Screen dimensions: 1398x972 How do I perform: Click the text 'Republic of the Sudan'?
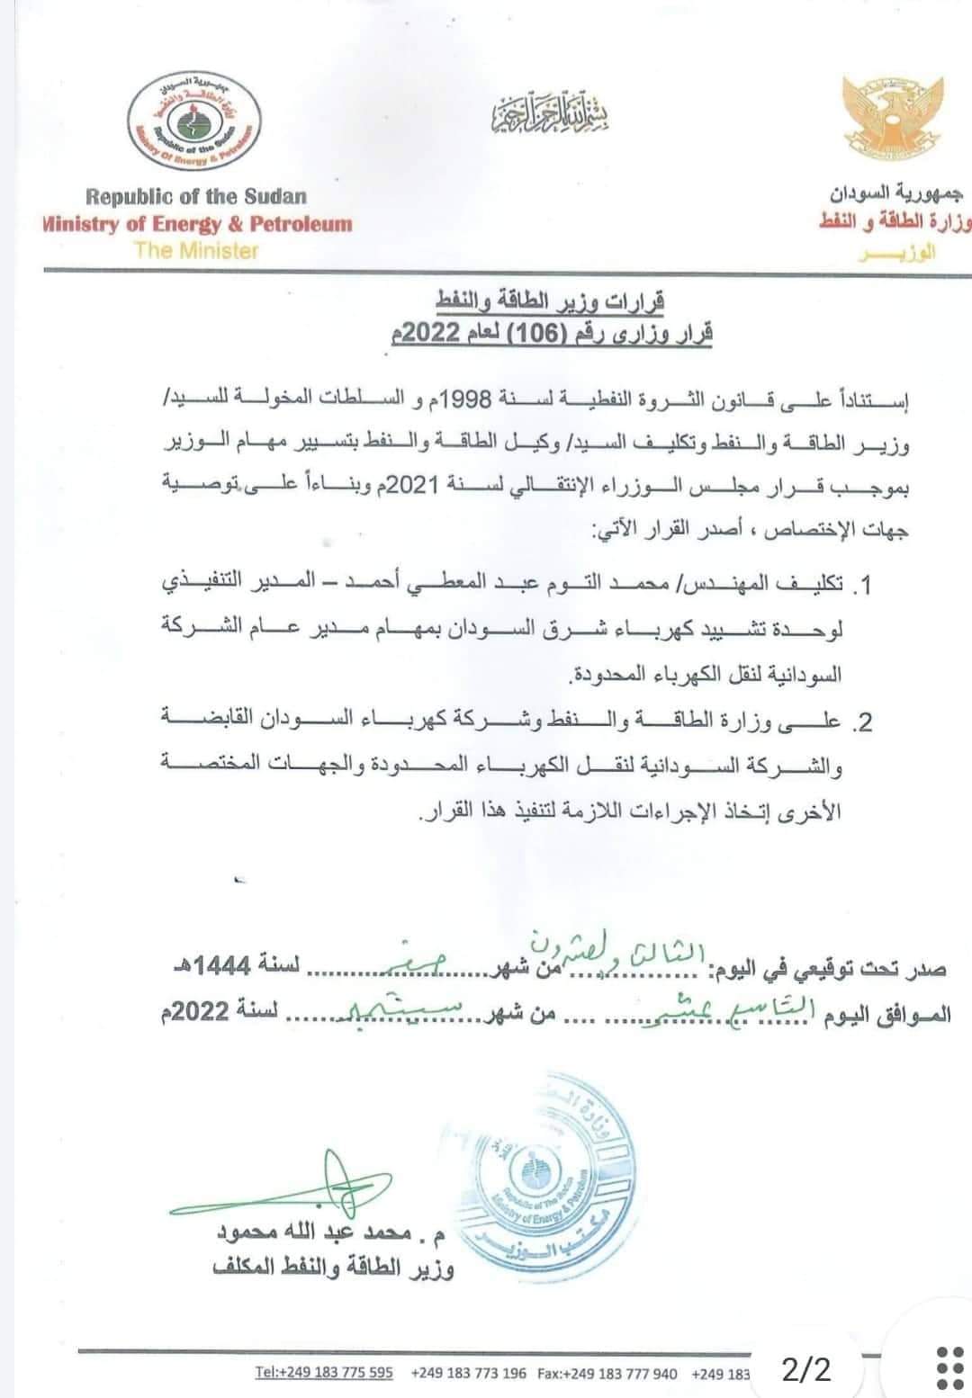tap(196, 196)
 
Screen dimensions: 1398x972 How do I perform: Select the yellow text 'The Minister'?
tap(195, 250)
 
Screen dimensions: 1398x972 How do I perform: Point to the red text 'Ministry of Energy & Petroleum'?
tap(197, 224)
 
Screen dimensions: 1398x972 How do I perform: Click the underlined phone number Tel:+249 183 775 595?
tap(324, 1372)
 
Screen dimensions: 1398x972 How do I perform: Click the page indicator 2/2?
tap(807, 1370)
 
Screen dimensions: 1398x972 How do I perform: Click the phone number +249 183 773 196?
tap(468, 1372)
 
